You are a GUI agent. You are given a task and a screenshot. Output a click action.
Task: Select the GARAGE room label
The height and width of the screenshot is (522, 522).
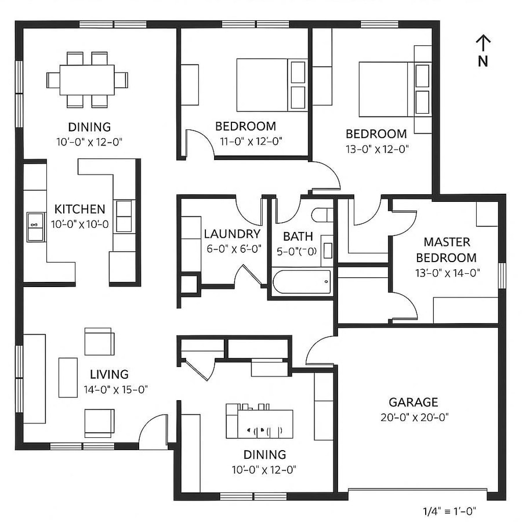coord(413,402)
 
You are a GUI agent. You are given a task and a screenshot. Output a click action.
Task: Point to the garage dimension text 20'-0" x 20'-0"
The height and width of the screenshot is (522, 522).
coord(413,416)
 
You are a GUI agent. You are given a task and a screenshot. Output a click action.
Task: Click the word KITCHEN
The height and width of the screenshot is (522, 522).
coord(80,209)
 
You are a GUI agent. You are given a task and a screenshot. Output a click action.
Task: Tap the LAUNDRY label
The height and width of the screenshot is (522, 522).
coord(232,234)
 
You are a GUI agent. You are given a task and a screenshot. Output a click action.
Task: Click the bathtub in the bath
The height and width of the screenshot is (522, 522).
coord(302,282)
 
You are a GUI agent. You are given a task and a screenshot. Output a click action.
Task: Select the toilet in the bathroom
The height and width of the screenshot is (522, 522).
coord(322,215)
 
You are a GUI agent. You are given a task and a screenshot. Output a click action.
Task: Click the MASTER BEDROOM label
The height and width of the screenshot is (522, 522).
coord(446,249)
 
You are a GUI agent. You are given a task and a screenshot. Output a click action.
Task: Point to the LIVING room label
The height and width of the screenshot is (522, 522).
coord(109,374)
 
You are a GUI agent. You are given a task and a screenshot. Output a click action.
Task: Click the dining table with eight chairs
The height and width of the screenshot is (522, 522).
coord(88,79)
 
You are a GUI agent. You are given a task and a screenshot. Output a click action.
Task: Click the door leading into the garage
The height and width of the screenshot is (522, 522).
coord(319,351)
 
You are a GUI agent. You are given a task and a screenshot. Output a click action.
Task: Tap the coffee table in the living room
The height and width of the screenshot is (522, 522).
coord(68,377)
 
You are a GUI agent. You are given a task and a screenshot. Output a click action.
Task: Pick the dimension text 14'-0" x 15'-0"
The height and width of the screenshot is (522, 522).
coord(119,389)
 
